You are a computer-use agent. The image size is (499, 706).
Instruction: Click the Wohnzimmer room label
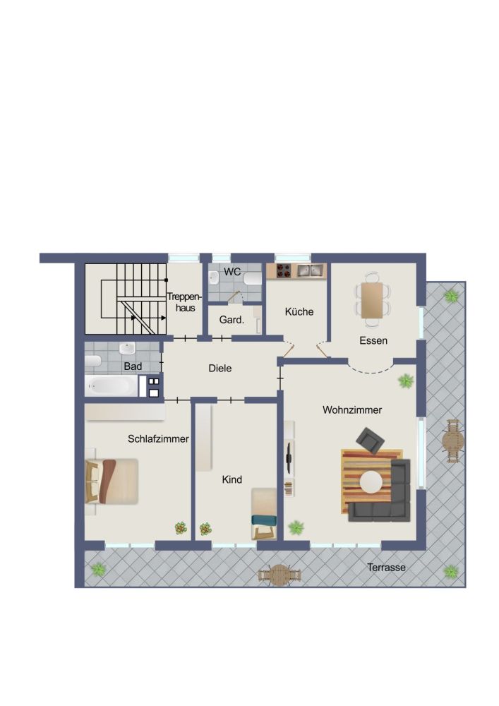352,409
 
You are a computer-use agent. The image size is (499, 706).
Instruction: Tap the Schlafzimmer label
158,438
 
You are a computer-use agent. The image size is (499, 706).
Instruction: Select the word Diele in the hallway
220,369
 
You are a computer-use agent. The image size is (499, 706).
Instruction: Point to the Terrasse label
386,568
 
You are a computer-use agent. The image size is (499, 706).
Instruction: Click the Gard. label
232,320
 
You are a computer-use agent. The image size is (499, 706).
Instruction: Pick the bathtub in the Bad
111,385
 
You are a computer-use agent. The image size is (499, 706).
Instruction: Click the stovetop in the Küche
283,270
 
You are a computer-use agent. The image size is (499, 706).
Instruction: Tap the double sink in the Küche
310,270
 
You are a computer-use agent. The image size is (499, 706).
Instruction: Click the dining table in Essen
372,300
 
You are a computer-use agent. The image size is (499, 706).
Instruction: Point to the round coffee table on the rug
371,481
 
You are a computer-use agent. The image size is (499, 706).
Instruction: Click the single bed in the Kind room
264,514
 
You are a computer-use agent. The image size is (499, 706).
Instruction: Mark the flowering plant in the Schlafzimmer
181,527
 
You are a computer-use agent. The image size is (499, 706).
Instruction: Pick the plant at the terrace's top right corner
451,296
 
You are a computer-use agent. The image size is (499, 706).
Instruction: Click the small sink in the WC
214,277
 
